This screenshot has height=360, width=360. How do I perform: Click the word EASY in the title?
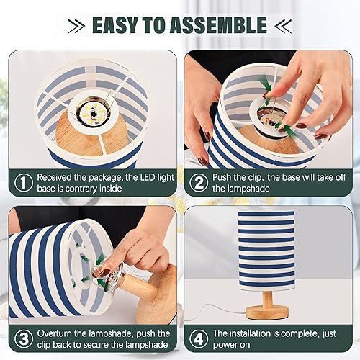click(x=119, y=25)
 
